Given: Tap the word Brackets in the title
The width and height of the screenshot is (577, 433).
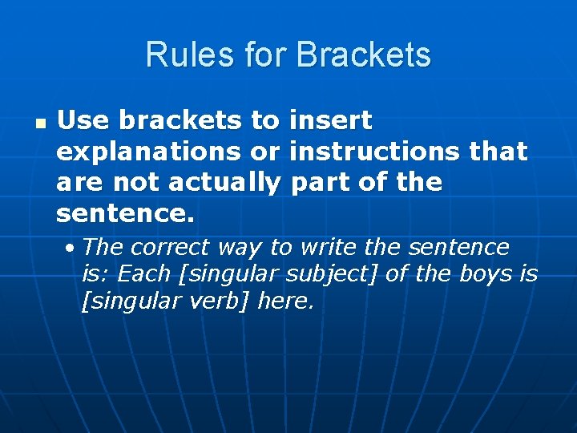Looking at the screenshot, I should coord(363,55).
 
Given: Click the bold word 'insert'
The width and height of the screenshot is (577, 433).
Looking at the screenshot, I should coord(330,120).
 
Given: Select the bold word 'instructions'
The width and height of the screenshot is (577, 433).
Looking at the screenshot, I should coord(374,152).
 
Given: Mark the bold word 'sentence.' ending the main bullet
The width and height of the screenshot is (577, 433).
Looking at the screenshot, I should coord(126,214).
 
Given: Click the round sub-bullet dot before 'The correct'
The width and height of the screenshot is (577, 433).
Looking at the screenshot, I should coord(71,248).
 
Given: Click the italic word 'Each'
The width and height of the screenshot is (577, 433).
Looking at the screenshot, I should coord(145,274).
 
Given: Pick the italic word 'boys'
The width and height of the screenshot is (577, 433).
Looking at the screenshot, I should coord(486,274).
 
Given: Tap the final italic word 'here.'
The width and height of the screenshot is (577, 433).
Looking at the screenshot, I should coord(285,302).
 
